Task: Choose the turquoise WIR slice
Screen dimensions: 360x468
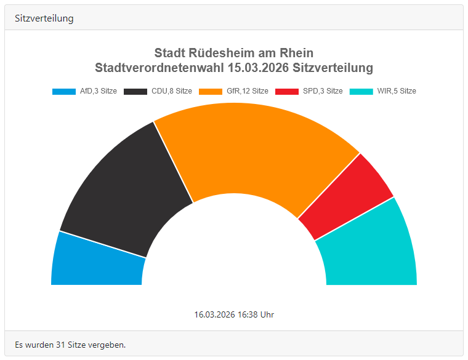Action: pos(369,252)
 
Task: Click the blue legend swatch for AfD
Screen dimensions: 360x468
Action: pos(64,91)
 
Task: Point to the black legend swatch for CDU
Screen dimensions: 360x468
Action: pos(135,91)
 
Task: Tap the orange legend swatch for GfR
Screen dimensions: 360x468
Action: pos(211,91)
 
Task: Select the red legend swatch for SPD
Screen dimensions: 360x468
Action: pos(287,91)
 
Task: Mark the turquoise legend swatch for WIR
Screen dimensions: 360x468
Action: pos(361,91)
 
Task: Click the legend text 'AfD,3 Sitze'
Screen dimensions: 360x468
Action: pos(99,91)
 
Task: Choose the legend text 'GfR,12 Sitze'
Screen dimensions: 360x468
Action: pos(248,91)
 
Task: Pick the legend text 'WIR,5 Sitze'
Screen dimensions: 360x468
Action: pos(397,91)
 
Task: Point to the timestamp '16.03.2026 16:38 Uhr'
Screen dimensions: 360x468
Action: pos(234,314)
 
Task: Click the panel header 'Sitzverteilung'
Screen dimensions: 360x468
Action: pos(44,18)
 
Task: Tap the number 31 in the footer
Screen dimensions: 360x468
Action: pos(61,344)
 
